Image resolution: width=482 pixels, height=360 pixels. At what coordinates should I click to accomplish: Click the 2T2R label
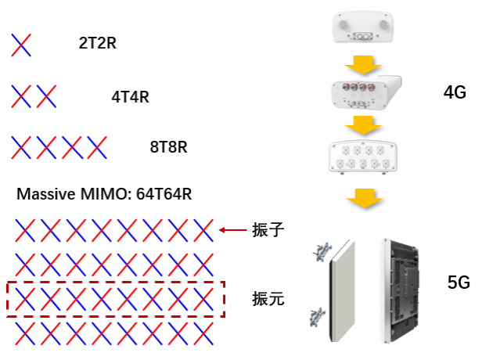[x=98, y=43]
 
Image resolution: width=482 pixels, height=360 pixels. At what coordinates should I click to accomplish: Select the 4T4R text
[x=130, y=97]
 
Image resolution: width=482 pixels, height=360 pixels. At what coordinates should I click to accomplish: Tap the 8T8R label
[x=168, y=147]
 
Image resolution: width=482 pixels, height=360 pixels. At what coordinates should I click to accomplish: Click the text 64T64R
[x=164, y=194]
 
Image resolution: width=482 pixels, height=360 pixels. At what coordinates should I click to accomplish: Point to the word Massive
[x=46, y=194]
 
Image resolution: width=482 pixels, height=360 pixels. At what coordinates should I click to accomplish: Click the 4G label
[x=455, y=92]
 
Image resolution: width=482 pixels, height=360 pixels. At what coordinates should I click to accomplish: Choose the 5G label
[x=459, y=283]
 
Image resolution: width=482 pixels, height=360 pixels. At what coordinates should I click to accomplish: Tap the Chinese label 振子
[x=268, y=230]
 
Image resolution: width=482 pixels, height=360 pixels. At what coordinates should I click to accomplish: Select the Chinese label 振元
[x=268, y=298]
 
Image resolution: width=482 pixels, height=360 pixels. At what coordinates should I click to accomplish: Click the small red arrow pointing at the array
[x=232, y=230]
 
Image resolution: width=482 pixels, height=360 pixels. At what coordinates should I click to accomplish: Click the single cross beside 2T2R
[x=21, y=45]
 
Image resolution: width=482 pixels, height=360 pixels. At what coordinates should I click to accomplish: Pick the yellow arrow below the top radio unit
[x=363, y=65]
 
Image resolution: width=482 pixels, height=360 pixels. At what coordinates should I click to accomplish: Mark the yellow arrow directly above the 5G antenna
[x=365, y=198]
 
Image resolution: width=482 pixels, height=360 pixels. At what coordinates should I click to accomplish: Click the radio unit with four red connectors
[x=366, y=92]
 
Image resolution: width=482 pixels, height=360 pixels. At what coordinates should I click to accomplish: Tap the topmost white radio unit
[x=363, y=27]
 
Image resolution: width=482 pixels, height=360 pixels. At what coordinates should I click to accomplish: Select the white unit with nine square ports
[x=363, y=157]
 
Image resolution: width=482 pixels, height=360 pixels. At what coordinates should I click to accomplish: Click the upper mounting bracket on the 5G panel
[x=322, y=251]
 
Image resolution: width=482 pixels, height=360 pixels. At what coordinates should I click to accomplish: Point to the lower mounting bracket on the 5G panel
[x=317, y=317]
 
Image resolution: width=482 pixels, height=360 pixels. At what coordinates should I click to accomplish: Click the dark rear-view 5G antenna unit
[x=400, y=290]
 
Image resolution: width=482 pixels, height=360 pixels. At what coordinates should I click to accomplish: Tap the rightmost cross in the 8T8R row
[x=97, y=148]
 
